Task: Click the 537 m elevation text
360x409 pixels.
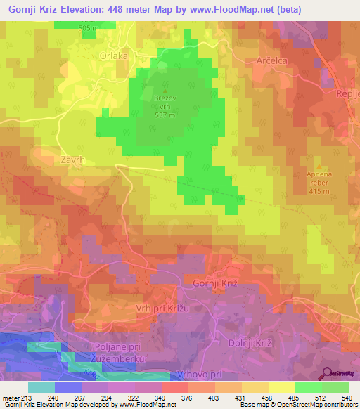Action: [x=165, y=116]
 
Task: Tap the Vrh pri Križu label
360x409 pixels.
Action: [x=163, y=309]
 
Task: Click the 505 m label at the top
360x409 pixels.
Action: [x=89, y=27]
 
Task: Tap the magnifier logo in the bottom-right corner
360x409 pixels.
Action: [x=328, y=372]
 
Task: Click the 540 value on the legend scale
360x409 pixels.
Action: [x=348, y=398]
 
